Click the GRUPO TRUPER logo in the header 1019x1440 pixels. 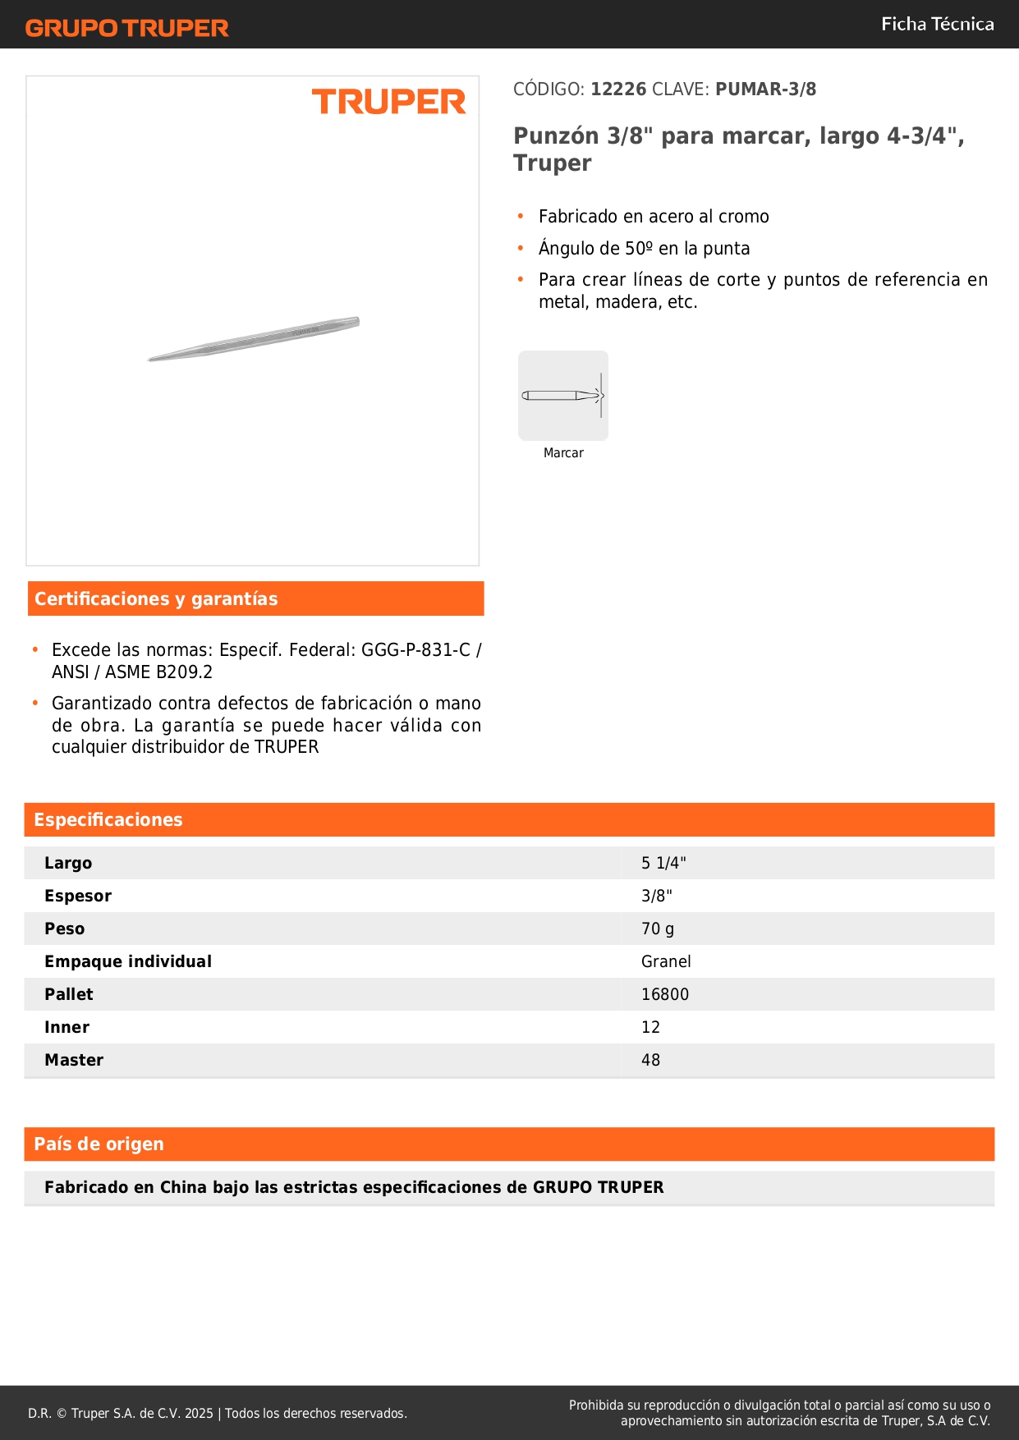[127, 28]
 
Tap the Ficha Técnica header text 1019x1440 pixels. [937, 25]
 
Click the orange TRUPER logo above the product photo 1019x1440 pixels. [388, 102]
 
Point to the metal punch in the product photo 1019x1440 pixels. [255, 338]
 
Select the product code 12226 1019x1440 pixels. [618, 89]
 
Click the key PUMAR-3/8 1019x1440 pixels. [765, 89]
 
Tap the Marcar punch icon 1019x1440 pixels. [563, 396]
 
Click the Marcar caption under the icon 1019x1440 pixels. [563, 453]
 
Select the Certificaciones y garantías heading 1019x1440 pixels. [156, 599]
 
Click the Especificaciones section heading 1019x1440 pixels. [108, 820]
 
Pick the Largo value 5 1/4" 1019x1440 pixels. [663, 863]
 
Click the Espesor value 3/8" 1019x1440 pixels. [657, 896]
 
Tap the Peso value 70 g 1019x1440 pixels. [658, 929]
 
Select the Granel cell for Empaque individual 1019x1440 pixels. [666, 961]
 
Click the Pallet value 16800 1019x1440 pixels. [665, 994]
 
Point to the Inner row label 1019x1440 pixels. [67, 1027]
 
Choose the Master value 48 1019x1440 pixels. [650, 1060]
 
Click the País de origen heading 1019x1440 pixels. [99, 1144]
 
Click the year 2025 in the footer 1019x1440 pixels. [199, 1413]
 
